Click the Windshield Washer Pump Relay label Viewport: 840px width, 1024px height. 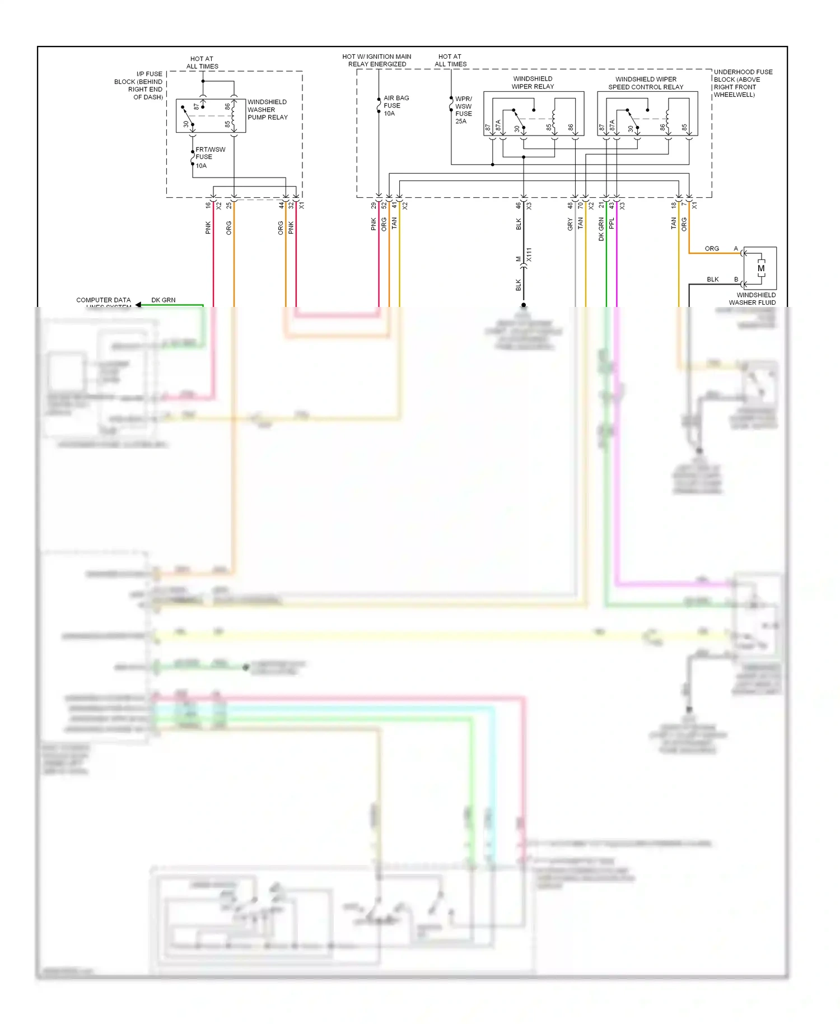267,110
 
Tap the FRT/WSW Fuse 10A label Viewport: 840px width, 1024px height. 210,157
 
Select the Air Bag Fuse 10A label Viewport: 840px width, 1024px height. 396,106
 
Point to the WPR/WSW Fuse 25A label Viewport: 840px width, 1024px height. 463,110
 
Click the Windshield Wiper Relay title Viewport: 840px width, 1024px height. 533,83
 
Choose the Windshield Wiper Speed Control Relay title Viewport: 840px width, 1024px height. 646,83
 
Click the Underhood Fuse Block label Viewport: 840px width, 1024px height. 743,83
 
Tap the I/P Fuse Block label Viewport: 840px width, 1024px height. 139,85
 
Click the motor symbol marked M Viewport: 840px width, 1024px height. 760,268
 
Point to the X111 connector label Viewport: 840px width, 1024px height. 529,255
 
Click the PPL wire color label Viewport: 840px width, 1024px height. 612,223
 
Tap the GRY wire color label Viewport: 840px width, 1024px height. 570,225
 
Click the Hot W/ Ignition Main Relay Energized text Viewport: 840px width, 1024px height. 377,60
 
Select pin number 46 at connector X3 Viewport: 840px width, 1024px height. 519,206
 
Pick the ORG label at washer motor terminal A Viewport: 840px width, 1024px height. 712,249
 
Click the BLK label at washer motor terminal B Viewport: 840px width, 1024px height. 712,280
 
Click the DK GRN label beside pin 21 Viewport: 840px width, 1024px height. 601,230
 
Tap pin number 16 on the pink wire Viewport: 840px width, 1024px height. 208,206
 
